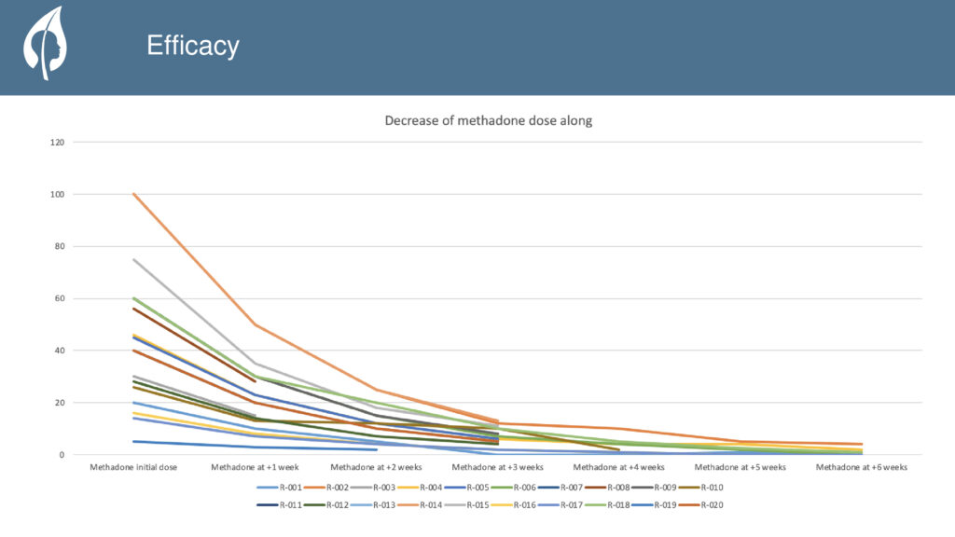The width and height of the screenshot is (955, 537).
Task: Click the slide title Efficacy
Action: point(192,46)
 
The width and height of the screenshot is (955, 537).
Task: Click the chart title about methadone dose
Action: point(489,121)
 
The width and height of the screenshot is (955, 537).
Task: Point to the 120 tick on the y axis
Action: point(58,143)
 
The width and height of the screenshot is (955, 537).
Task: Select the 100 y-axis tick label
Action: point(58,195)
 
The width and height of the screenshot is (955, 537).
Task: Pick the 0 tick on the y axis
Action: point(62,455)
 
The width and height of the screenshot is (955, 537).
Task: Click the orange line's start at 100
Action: point(134,194)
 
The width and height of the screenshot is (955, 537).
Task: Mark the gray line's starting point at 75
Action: point(134,259)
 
